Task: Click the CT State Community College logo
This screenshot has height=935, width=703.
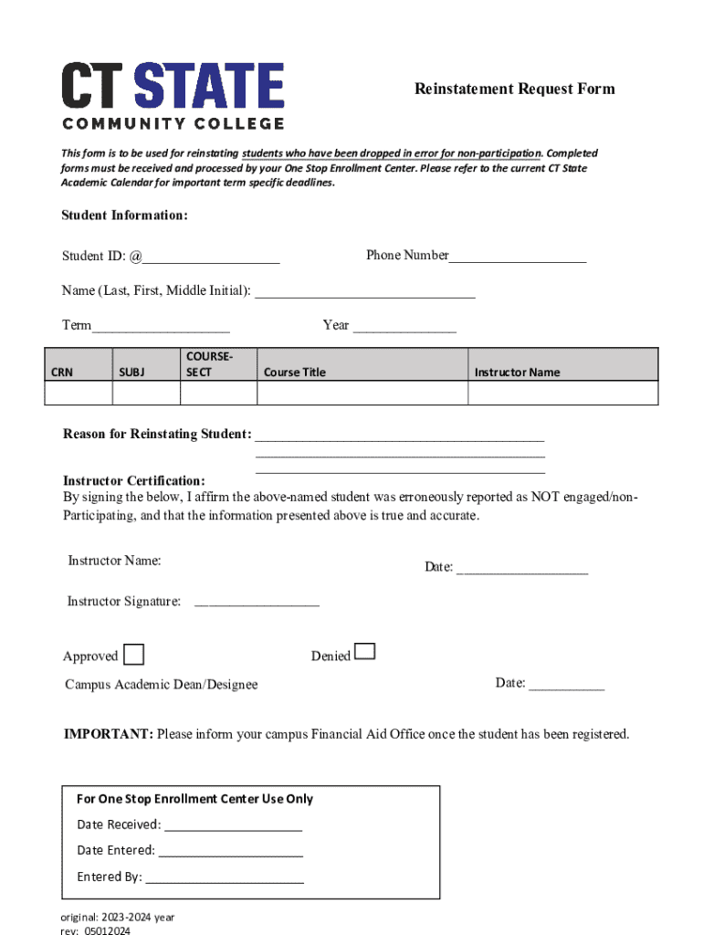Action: [173, 95]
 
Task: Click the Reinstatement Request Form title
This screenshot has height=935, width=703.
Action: [514, 89]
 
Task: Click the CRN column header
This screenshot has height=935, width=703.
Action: [62, 372]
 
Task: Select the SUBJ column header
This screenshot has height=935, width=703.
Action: [131, 372]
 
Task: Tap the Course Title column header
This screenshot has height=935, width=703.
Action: [294, 372]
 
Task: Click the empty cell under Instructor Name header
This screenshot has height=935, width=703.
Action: [562, 393]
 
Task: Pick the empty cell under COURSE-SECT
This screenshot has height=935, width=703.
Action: [218, 393]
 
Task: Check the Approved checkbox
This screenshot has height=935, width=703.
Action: [133, 655]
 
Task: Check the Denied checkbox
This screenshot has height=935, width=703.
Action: [364, 651]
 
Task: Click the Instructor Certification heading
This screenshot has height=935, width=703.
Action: [134, 480]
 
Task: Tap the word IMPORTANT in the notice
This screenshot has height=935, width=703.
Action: [108, 734]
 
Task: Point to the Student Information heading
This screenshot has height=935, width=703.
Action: [124, 215]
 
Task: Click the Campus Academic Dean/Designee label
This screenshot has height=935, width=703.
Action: [162, 685]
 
